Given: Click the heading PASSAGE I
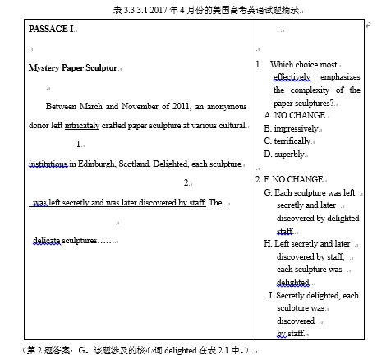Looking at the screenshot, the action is [51, 29].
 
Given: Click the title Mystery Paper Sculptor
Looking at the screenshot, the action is [72, 67].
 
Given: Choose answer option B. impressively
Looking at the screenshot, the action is [292, 128].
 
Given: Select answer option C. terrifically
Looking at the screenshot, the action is [290, 141].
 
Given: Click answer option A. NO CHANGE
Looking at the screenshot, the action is [294, 116].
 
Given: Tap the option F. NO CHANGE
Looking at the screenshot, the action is [290, 178].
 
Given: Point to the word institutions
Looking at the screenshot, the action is [48, 164].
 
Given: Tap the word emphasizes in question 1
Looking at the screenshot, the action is [337, 77].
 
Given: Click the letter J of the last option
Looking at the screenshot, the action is [271, 295].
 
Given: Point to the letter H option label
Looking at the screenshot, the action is [268, 244].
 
